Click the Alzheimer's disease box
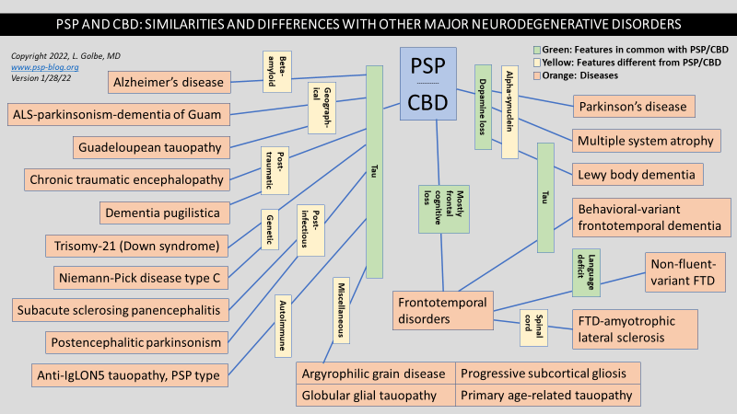tap(169, 83)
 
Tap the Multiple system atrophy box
tap(644, 141)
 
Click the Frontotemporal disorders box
tap(440, 310)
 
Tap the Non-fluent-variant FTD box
tap(682, 271)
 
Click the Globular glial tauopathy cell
tap(376, 396)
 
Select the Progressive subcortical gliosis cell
tap(549, 373)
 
